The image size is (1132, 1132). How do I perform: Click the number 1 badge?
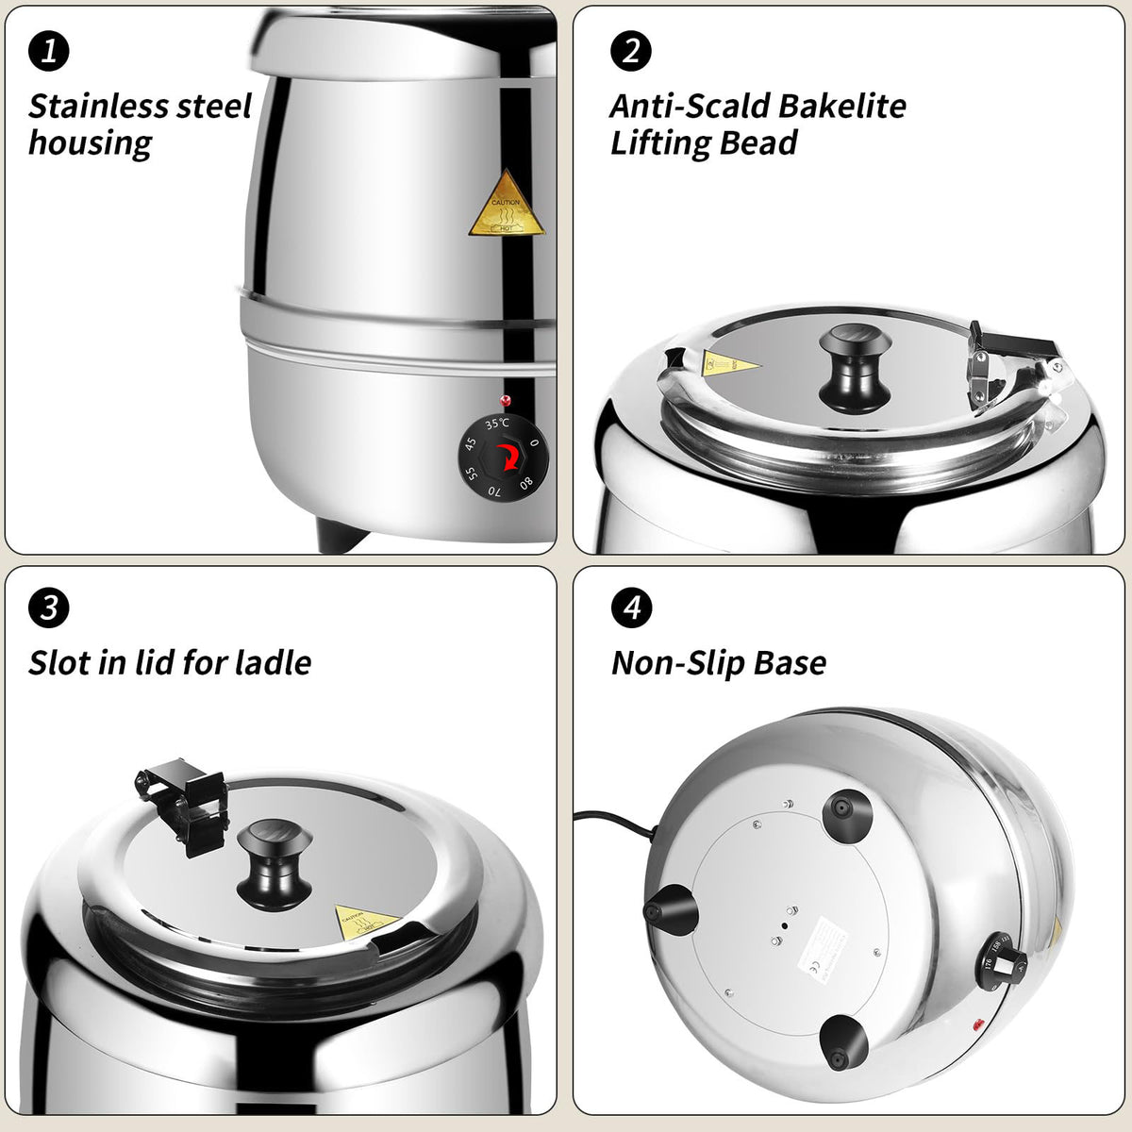pos(49,50)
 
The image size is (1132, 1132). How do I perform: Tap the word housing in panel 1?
pos(90,143)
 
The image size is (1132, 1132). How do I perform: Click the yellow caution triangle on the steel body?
pos(507,207)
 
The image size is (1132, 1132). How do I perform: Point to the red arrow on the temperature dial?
pos(508,457)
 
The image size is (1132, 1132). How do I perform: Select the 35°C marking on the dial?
pos(497,424)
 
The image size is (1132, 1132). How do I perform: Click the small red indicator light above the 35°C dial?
pos(505,401)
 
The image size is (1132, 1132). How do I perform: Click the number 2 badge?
pos(631,50)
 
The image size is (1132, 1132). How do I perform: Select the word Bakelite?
pos(831,106)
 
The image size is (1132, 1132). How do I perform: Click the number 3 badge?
pos(49,608)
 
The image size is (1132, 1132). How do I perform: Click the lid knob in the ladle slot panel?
pos(274,858)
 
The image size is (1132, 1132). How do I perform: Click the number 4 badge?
pos(631,608)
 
